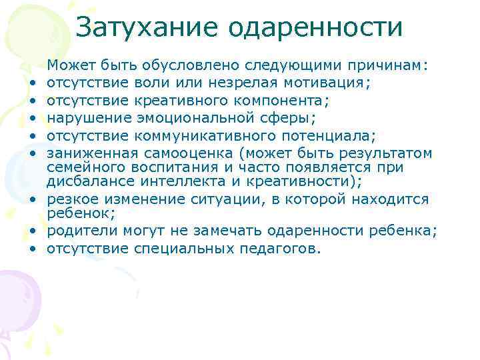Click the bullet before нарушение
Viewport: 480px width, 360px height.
pos(33,119)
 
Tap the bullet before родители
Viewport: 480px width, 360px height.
pos(33,231)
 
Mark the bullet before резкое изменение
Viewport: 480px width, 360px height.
pos(33,200)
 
